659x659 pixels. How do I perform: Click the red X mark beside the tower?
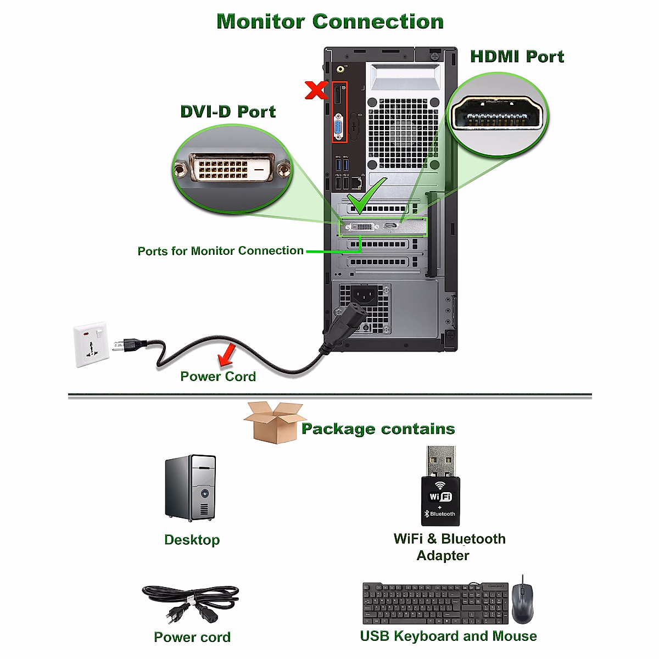(316, 90)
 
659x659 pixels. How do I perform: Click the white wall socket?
(91, 344)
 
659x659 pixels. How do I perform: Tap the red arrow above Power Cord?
(226, 355)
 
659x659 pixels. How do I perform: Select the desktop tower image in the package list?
(191, 488)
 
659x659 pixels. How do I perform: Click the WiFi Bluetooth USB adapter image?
(441, 487)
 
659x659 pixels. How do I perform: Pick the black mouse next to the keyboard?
(522, 602)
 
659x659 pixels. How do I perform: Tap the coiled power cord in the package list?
(191, 602)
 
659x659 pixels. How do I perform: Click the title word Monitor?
(261, 21)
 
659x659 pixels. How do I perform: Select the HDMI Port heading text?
(517, 57)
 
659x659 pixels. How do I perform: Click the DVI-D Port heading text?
(228, 111)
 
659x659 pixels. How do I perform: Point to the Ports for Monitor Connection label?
(220, 251)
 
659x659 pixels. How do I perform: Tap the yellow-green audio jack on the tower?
(341, 69)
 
